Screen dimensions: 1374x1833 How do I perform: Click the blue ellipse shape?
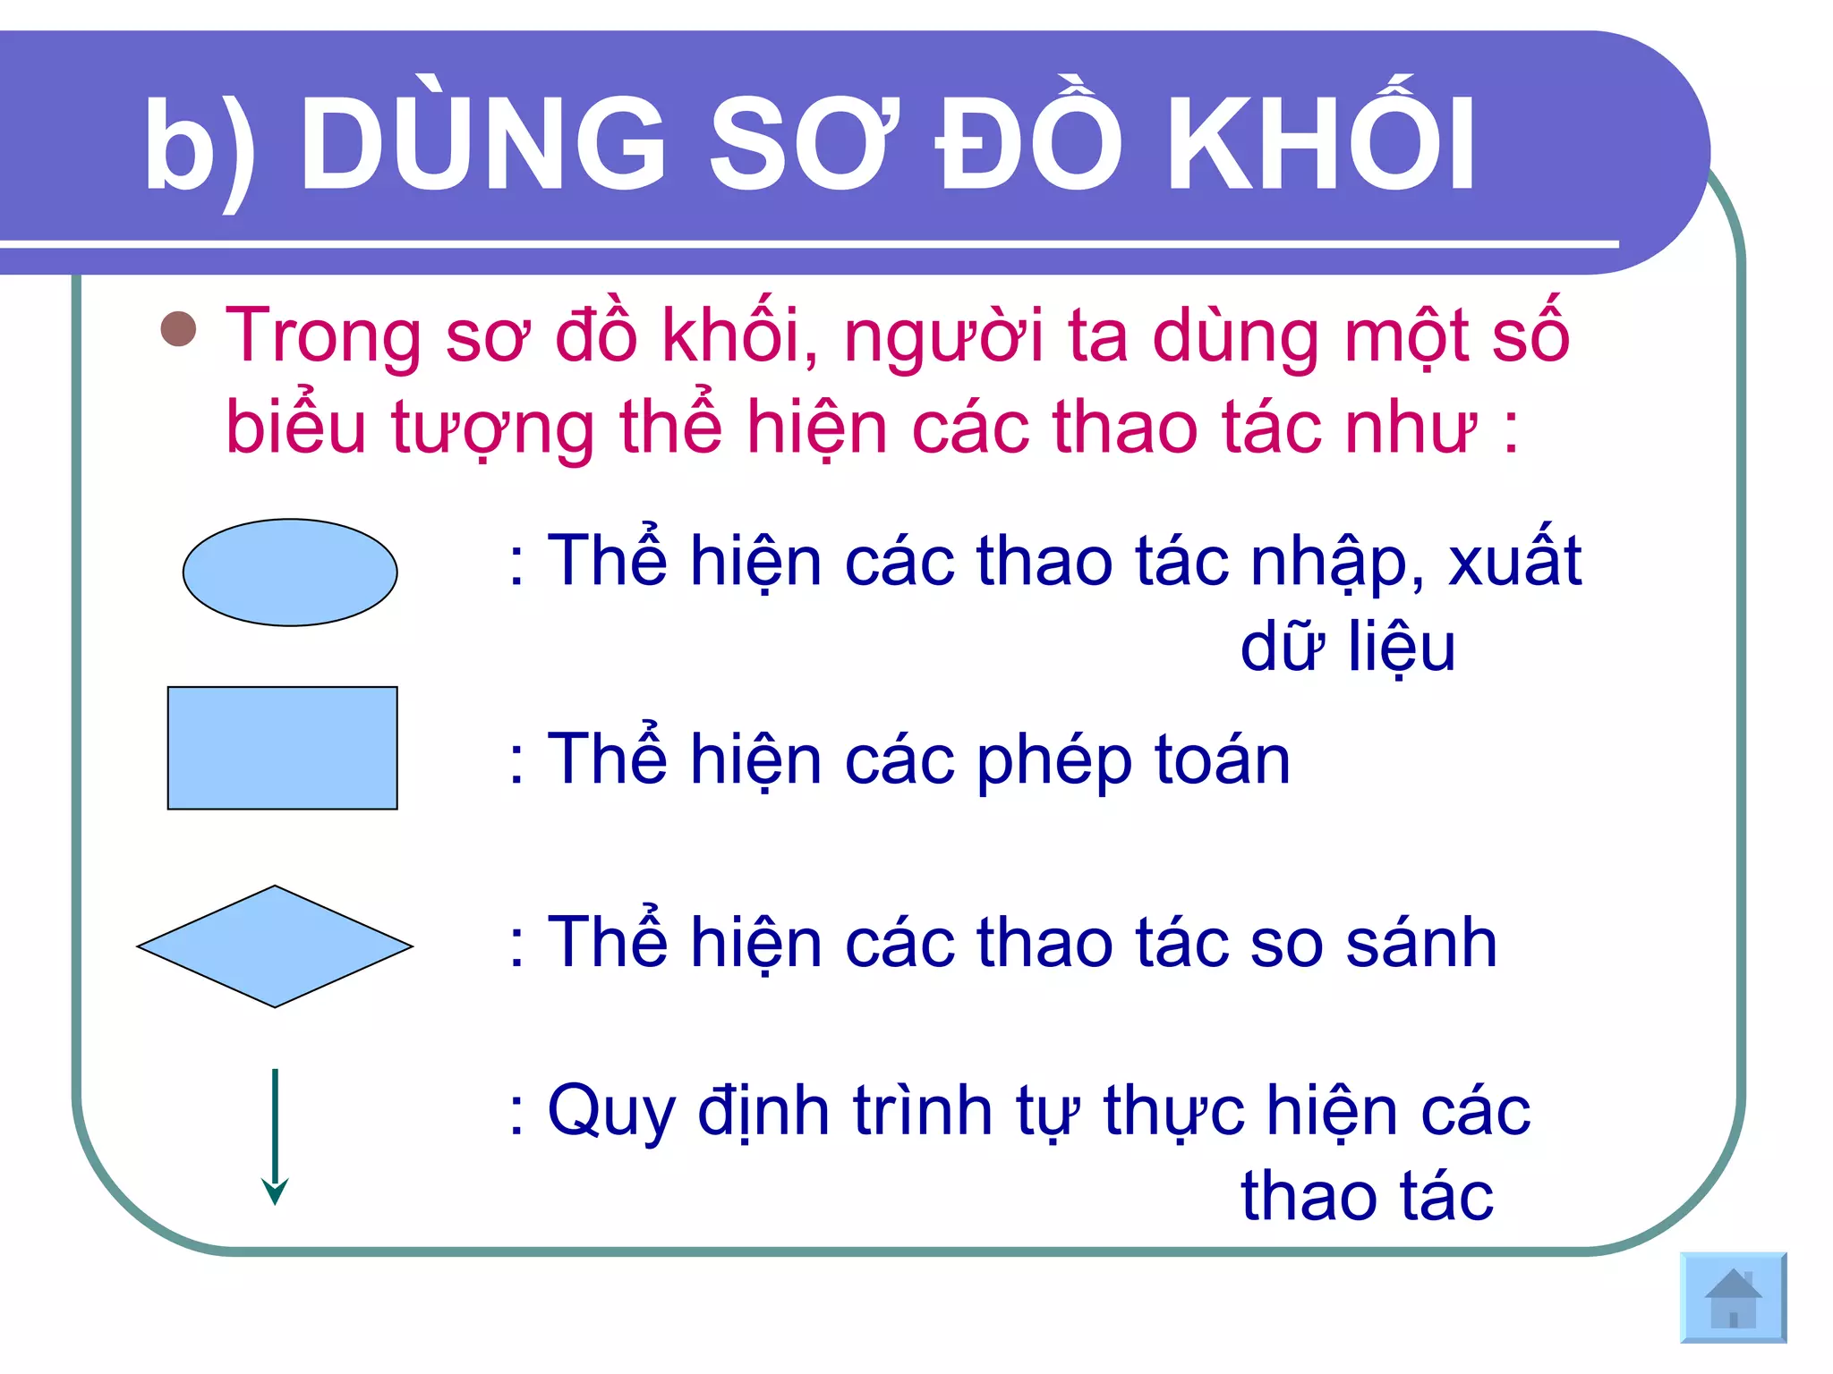point(290,572)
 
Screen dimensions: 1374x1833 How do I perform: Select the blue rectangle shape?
point(283,748)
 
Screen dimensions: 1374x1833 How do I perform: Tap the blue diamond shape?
point(275,946)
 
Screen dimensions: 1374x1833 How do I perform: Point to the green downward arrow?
point(275,1136)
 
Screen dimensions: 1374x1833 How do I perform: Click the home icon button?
point(1734,1298)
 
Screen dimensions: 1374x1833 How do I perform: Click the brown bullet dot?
point(179,329)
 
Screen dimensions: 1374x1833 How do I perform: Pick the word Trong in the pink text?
point(323,335)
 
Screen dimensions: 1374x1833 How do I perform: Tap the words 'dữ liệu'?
point(1348,648)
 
